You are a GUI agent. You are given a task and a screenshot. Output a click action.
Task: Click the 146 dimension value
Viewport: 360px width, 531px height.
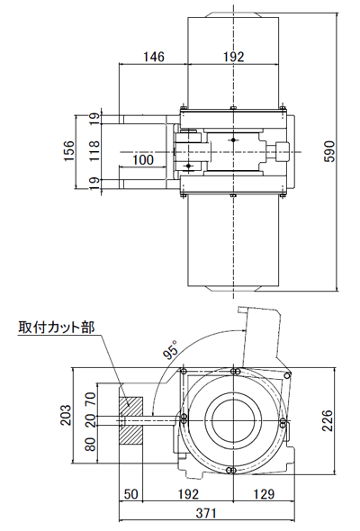pos(154,57)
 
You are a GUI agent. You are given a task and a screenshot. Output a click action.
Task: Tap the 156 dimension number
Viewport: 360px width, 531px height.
pos(69,149)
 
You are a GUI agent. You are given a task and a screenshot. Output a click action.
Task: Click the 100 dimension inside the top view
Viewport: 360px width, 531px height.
pos(142,161)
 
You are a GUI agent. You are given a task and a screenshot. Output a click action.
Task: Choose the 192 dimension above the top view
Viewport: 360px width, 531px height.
pos(233,57)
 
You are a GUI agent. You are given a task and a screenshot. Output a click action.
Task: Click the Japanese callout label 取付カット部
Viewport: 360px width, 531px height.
pos(56,328)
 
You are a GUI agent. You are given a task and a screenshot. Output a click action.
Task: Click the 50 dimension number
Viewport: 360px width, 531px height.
pos(131,494)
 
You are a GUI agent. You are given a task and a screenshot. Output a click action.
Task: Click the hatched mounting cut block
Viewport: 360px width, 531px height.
pos(131,420)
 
